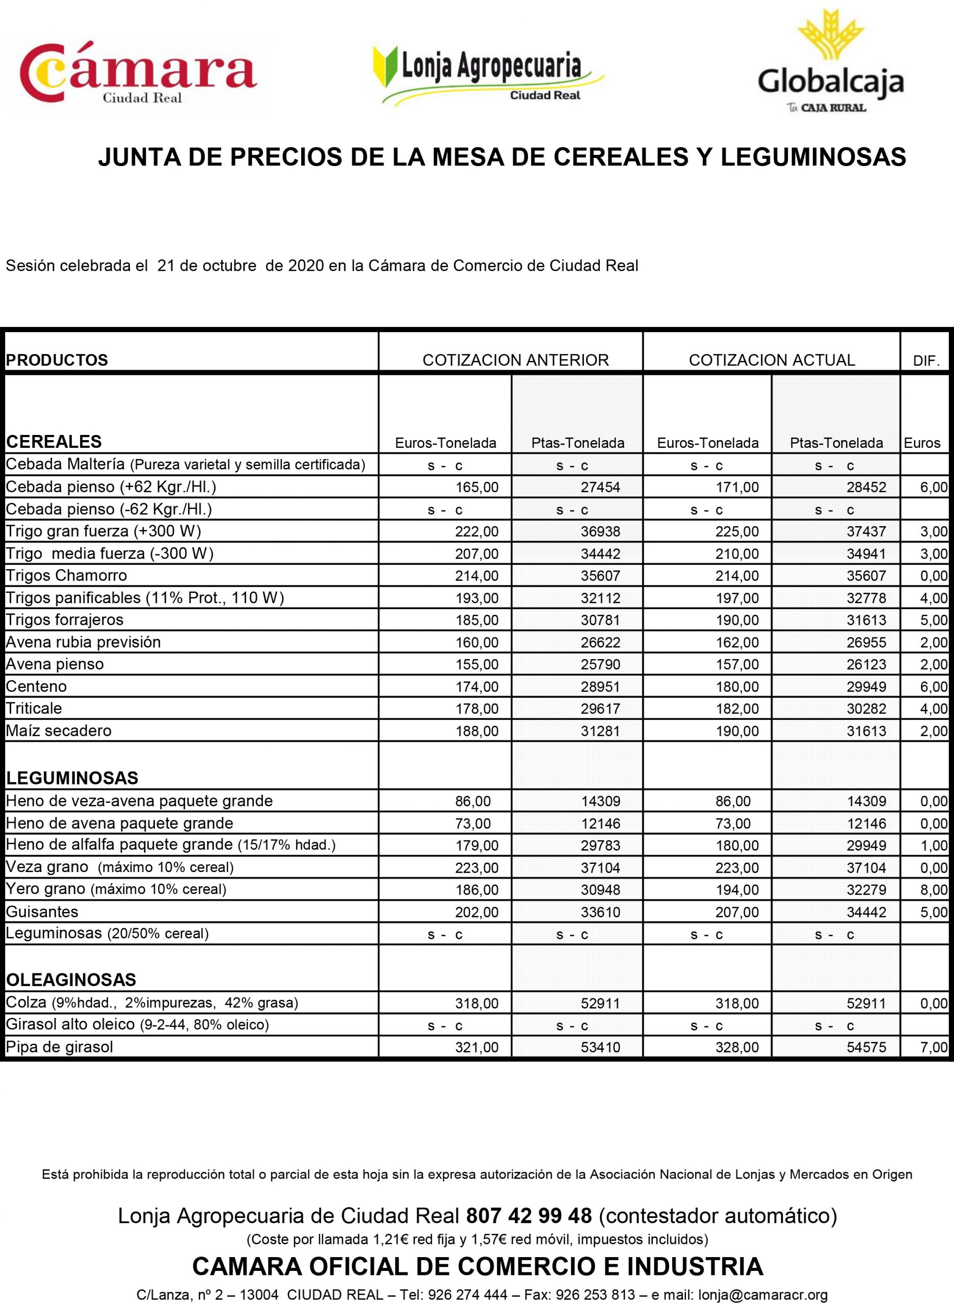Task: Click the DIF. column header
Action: point(926,361)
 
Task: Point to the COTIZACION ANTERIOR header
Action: point(515,360)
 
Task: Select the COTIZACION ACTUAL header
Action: point(772,360)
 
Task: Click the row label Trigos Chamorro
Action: point(66,576)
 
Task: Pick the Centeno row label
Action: point(36,686)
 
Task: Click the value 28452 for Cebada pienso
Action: point(866,487)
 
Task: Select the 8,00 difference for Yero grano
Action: point(933,889)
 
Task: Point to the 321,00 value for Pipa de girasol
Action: point(476,1047)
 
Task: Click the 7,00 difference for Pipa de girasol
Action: point(933,1047)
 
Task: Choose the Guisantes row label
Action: point(42,912)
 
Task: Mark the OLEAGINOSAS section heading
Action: point(71,980)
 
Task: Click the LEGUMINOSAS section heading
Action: point(72,778)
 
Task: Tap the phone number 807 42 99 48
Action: point(528,1216)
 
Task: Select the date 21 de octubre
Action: point(207,266)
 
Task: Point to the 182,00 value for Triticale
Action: point(737,709)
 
